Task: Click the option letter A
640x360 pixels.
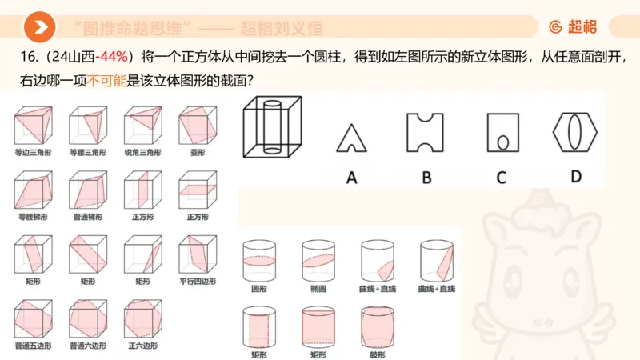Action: click(x=350, y=178)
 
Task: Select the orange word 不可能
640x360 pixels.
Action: click(x=106, y=81)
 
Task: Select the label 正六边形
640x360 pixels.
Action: click(x=142, y=346)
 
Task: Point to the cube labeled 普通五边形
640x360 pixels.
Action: click(x=32, y=318)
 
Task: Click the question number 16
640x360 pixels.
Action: click(x=23, y=57)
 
